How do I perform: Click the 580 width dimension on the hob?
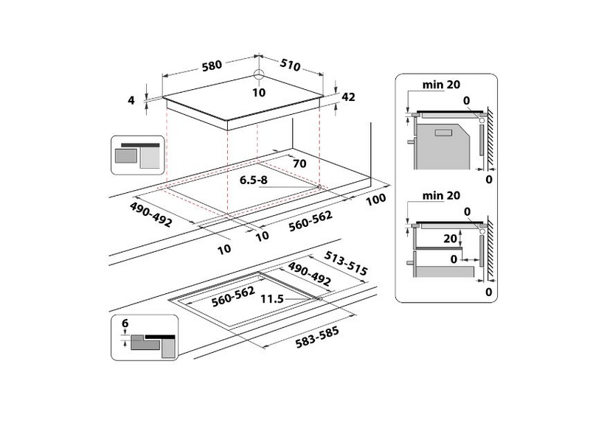[212, 66]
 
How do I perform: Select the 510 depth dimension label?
[290, 66]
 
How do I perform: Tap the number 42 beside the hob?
[349, 96]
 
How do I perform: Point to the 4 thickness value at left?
[132, 101]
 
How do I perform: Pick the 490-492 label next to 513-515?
[310, 275]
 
